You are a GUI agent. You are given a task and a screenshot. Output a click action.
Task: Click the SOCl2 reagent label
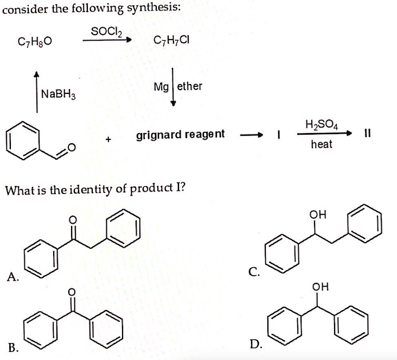107,31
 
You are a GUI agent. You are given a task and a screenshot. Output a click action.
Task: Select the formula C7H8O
35,41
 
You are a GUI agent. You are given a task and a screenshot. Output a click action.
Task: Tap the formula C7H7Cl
171,40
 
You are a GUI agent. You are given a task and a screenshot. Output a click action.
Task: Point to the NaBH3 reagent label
58,94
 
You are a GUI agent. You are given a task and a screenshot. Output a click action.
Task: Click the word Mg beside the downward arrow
161,87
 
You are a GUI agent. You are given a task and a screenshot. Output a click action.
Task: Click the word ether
190,86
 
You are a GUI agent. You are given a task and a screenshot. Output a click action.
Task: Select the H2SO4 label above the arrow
322,125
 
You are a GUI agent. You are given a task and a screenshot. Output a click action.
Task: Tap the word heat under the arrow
322,144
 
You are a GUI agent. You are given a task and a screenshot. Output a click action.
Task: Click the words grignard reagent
180,134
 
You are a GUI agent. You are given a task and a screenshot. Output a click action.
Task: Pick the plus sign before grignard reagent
108,139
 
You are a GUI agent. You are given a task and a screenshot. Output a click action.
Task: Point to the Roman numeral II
368,133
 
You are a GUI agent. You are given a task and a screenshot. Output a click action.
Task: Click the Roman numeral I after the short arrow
279,134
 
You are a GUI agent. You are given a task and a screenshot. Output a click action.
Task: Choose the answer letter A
12,277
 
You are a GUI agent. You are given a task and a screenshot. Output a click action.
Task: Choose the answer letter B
13,348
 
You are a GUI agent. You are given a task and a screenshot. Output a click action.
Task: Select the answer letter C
254,271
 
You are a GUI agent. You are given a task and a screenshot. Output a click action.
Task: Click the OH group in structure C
318,214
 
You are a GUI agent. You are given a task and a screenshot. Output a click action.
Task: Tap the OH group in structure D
321,287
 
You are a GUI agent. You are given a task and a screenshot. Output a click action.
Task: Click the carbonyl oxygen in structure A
73,220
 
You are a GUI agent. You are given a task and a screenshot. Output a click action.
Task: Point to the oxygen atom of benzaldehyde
72,147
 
